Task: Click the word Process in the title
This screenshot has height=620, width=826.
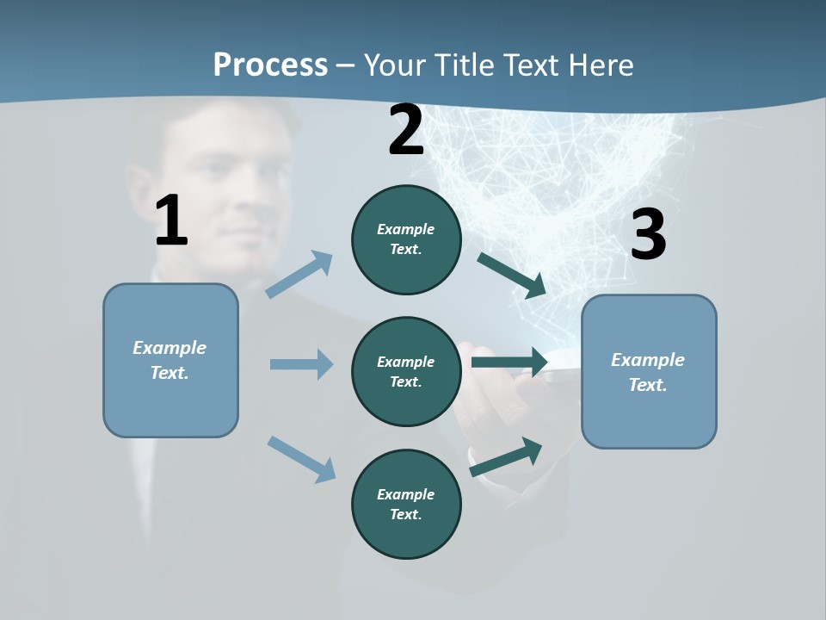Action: point(270,65)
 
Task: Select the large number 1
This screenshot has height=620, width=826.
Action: point(171,221)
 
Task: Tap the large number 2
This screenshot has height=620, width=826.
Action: point(406,130)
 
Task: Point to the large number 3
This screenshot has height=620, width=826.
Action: point(648,235)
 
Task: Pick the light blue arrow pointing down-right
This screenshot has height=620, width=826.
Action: point(301,458)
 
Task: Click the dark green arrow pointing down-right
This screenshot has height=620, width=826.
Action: point(512,276)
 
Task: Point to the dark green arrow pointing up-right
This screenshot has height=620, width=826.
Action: point(506,457)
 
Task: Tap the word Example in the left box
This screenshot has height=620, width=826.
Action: point(170,348)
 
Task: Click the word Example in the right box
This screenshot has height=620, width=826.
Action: point(648,360)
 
